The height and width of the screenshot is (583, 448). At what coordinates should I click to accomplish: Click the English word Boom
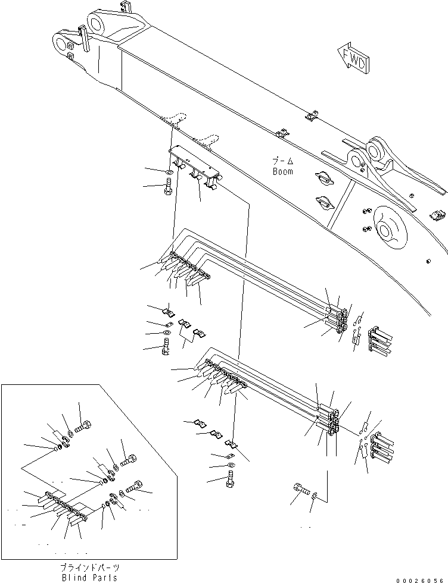282,171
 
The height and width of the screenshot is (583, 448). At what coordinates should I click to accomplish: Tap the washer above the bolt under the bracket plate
169,173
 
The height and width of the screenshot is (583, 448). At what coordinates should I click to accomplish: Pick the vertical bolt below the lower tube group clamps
230,478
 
